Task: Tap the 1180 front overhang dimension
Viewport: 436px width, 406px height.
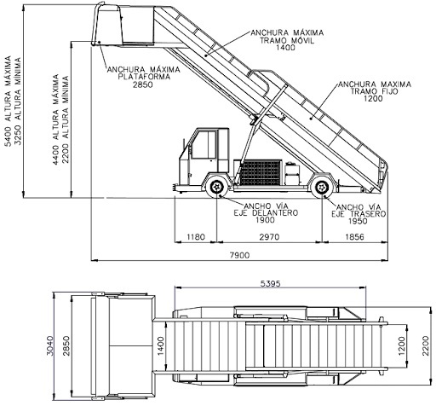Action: click(197, 236)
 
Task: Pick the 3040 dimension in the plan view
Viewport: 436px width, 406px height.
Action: click(50, 345)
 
